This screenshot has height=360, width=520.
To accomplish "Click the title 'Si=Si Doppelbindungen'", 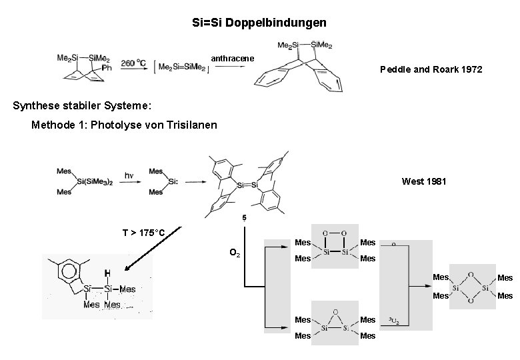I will pyautogui.click(x=259, y=23).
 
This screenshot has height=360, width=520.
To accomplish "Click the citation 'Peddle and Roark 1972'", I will pyautogui.click(x=431, y=69).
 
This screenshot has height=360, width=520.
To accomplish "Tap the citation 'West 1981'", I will pyautogui.click(x=424, y=181).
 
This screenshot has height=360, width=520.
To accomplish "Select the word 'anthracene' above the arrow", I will pyautogui.click(x=233, y=59).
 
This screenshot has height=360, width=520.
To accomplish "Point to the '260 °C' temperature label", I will pyautogui.click(x=133, y=63).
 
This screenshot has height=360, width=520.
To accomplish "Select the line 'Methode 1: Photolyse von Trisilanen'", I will pyautogui.click(x=125, y=125).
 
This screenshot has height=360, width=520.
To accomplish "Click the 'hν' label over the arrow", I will pyautogui.click(x=130, y=175).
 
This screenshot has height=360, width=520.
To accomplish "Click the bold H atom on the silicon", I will pyautogui.click(x=107, y=273).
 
